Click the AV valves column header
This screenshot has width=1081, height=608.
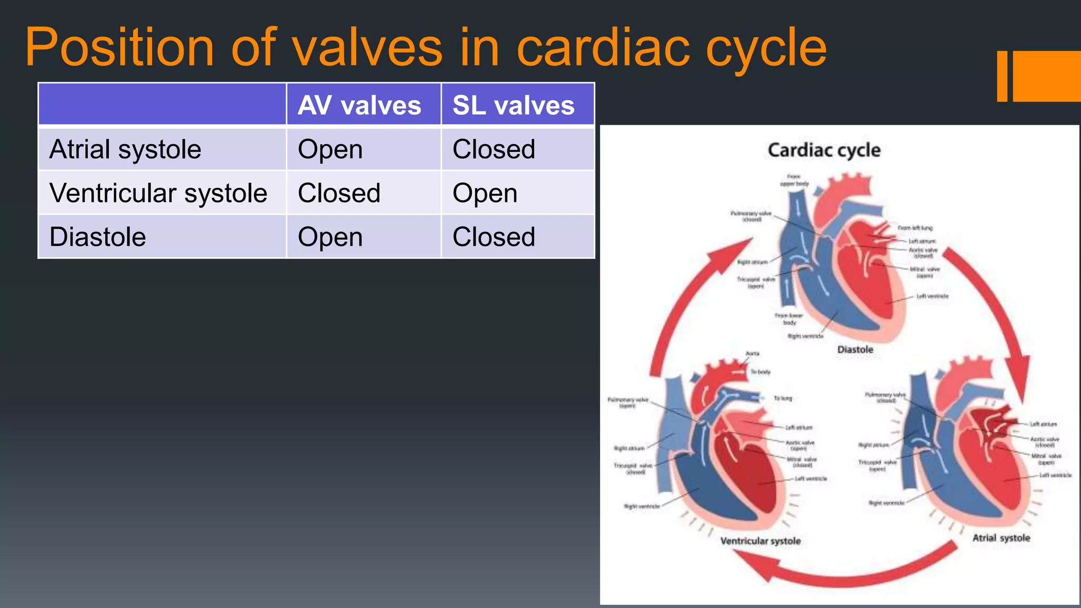pos(359,106)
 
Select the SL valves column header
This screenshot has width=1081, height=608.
pos(513,106)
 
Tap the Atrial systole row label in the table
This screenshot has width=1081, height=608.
pos(125,149)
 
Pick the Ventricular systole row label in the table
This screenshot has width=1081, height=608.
pos(158,193)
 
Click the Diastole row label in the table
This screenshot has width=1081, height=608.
pos(98,237)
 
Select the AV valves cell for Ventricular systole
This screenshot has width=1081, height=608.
pos(339,193)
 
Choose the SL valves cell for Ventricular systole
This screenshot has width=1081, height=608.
pos(485,193)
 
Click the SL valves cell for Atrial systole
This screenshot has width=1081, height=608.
pos(494,149)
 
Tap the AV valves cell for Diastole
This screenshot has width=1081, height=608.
pos(330,237)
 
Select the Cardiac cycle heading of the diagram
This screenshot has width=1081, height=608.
pos(824,150)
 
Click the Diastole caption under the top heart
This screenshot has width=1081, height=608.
pos(855,349)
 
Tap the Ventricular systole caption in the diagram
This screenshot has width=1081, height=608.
pos(760,541)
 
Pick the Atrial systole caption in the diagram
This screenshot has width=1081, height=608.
pos(1001,538)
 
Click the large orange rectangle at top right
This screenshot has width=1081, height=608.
pos(1046,76)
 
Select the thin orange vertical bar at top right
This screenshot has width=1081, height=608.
pos(1002,76)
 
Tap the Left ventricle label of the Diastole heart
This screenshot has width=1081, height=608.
pos(932,296)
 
